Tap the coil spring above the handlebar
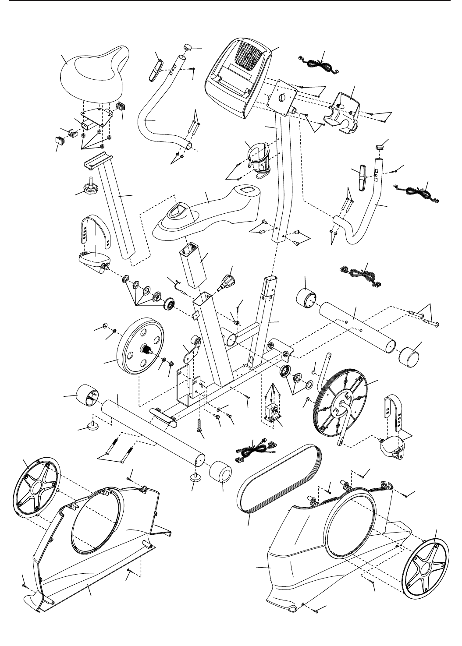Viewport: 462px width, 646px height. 380,148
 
